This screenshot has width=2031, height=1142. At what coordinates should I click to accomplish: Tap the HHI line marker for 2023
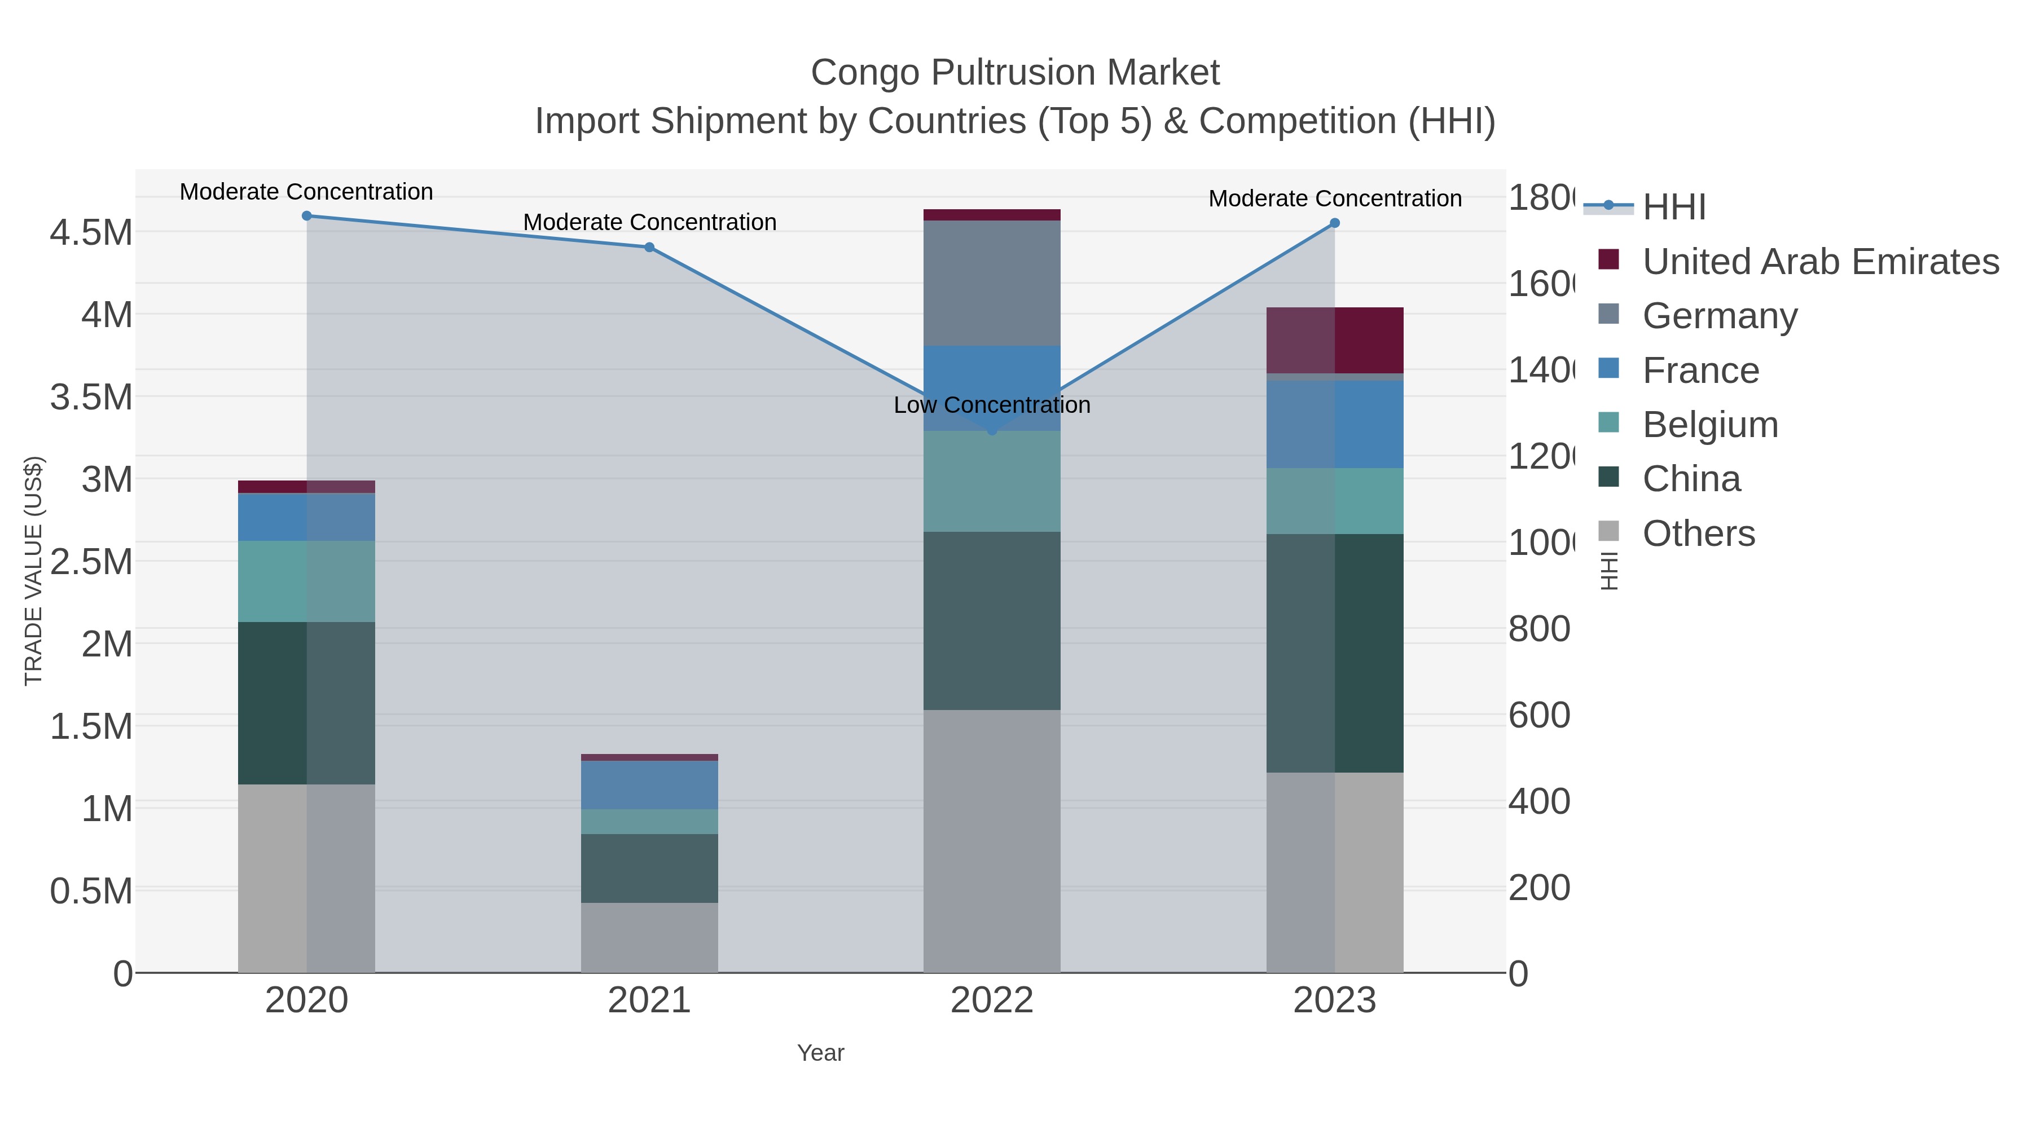(x=1335, y=223)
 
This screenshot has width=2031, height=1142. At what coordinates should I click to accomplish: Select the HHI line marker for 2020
(x=307, y=216)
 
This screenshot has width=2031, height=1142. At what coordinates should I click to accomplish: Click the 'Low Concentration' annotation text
(x=992, y=405)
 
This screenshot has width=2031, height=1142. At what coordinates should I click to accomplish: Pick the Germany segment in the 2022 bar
(x=992, y=284)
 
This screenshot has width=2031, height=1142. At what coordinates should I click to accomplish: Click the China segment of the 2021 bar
(x=649, y=868)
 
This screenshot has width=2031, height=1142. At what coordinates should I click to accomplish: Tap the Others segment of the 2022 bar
(x=992, y=841)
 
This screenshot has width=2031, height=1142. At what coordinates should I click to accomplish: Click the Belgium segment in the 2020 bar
(x=307, y=581)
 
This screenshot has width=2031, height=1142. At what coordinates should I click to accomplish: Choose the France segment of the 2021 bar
(x=649, y=785)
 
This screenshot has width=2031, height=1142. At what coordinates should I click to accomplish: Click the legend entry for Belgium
(x=1709, y=425)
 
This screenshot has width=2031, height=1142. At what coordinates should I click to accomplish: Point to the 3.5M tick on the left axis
(x=91, y=397)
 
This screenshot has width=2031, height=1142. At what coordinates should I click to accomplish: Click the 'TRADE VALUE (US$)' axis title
(x=33, y=571)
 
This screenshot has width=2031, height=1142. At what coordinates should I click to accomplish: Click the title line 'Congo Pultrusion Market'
(x=1015, y=73)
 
